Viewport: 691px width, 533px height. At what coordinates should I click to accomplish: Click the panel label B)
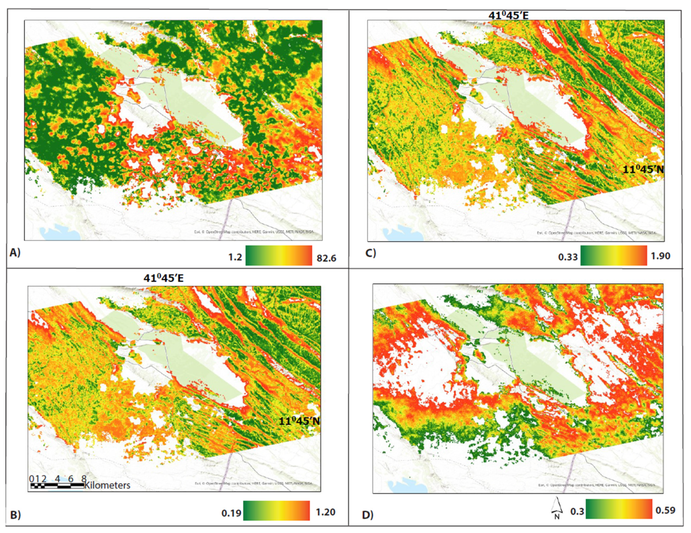pos(15,515)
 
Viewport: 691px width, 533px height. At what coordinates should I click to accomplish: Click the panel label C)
pos(371,253)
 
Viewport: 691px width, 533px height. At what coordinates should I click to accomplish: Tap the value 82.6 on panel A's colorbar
pos(327,258)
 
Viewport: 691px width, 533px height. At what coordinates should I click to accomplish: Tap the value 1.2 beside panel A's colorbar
pos(235,257)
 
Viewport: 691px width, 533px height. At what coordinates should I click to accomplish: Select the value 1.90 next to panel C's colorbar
pos(660,256)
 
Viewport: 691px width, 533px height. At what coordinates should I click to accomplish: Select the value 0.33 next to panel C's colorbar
pos(568,257)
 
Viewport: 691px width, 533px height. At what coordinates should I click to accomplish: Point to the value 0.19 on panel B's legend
pos(231,513)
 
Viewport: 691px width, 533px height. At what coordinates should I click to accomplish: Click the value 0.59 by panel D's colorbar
pos(665,510)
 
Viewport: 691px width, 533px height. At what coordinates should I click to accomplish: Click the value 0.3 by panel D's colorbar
pos(577,511)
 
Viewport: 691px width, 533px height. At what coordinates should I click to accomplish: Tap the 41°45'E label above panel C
pos(509,15)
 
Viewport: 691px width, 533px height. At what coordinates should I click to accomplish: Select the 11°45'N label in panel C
pos(643,170)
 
